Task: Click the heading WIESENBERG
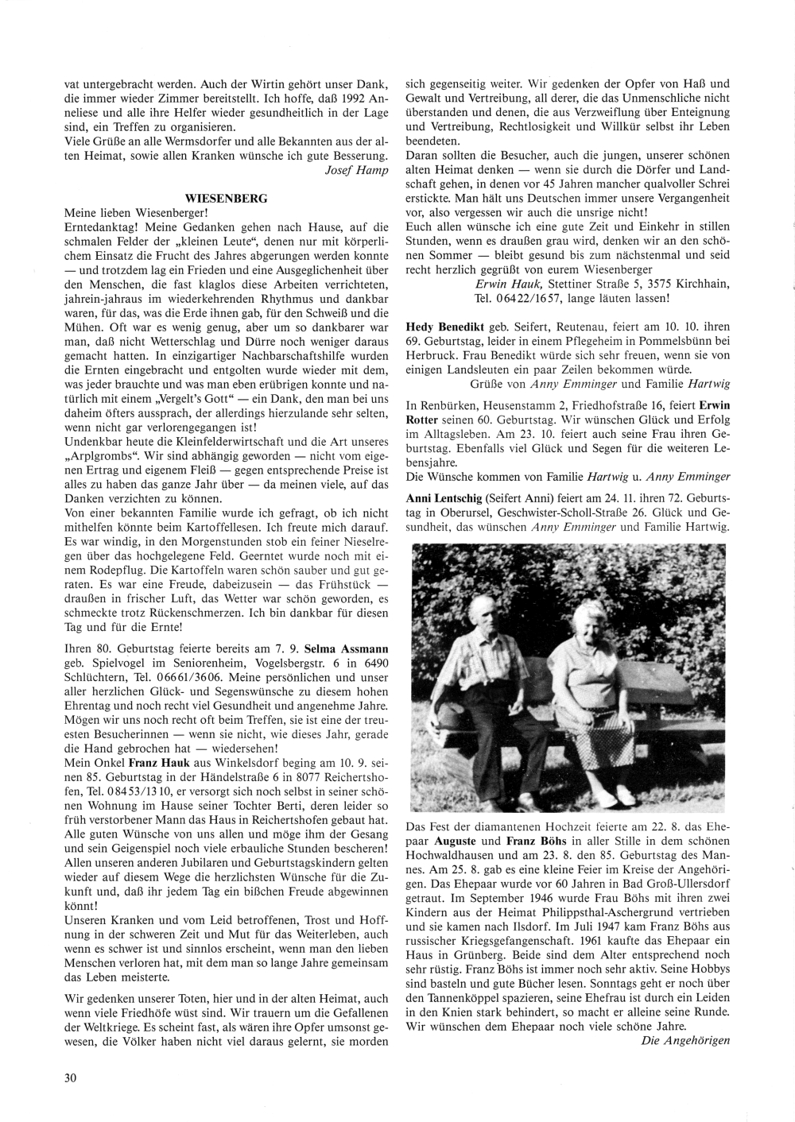[x=226, y=197]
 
